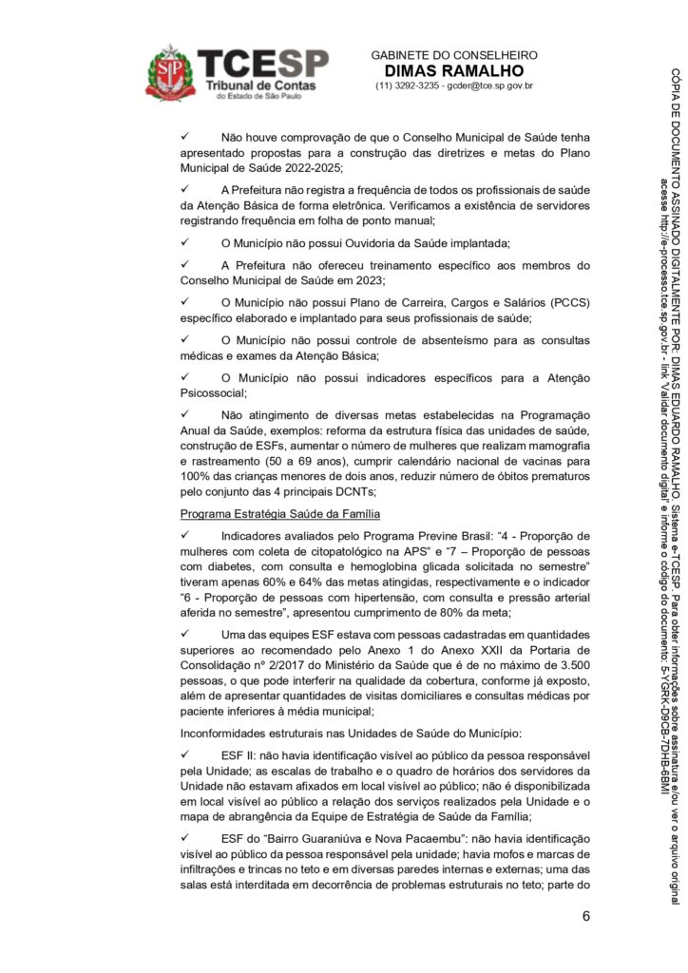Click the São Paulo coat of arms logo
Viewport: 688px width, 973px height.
pos(170,71)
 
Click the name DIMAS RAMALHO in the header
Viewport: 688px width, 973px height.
pos(453,71)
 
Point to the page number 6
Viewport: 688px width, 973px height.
pos(586,917)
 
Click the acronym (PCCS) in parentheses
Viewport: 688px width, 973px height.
pos(568,301)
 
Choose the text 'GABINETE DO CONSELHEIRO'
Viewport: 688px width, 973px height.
pos(454,55)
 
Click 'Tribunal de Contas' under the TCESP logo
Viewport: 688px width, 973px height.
pos(255,86)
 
